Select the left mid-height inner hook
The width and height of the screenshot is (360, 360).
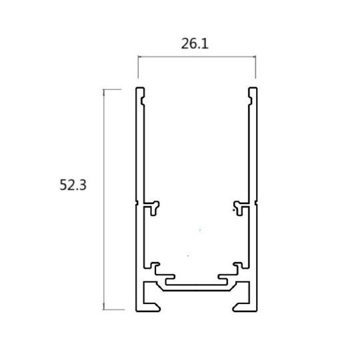[x=155, y=205]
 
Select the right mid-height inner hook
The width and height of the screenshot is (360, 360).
[x=239, y=205]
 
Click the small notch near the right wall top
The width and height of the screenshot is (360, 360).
[x=250, y=101]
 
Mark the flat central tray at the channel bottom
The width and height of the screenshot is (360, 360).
[x=197, y=285]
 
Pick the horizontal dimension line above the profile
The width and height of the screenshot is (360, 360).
[x=197, y=58]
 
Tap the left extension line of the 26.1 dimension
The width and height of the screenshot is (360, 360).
[x=138, y=70]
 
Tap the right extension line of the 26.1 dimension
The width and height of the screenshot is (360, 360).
[x=256, y=70]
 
